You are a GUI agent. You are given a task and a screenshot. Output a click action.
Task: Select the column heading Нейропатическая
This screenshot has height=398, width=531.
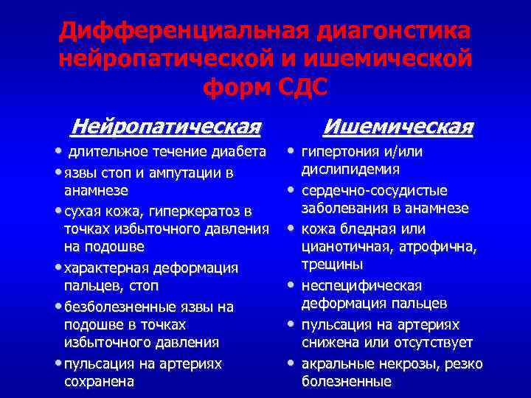165,127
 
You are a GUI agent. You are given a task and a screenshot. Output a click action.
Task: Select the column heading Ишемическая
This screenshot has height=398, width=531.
398,127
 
